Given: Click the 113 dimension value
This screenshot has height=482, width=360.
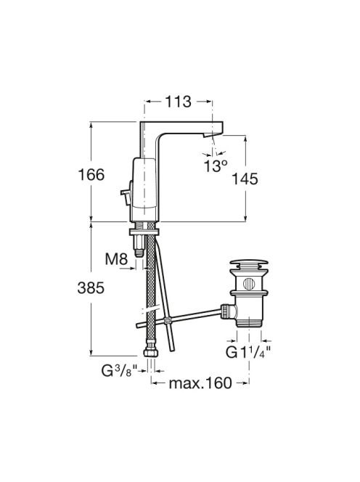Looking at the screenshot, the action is coord(179,102).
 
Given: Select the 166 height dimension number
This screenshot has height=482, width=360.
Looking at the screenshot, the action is coord(91,175).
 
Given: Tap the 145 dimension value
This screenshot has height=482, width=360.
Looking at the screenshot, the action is coord(245,179).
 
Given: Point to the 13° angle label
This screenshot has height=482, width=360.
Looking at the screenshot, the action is coord(216,166).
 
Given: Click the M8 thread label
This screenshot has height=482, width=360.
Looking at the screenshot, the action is coord(116,259).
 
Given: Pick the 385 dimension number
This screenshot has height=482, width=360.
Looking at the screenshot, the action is coord(91,288).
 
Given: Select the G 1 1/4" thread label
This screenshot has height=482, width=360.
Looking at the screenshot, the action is coord(249,352).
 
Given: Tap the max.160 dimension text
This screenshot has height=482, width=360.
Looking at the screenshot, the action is coord(200,383).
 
